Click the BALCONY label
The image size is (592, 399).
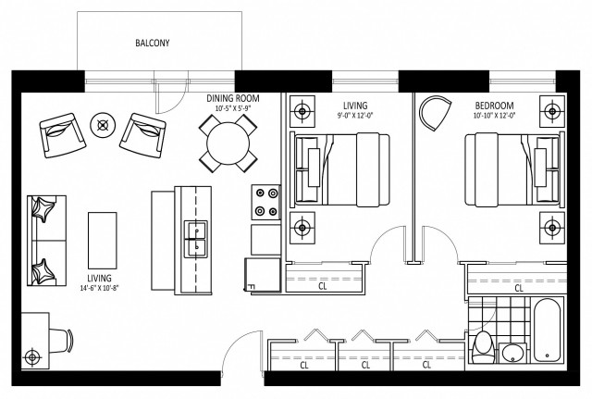(x=152, y=43)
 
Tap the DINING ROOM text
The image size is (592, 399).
(x=232, y=97)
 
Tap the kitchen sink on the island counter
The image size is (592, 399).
(x=196, y=237)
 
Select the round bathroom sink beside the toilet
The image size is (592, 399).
(x=512, y=353)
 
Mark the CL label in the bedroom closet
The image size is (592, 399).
(x=518, y=288)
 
